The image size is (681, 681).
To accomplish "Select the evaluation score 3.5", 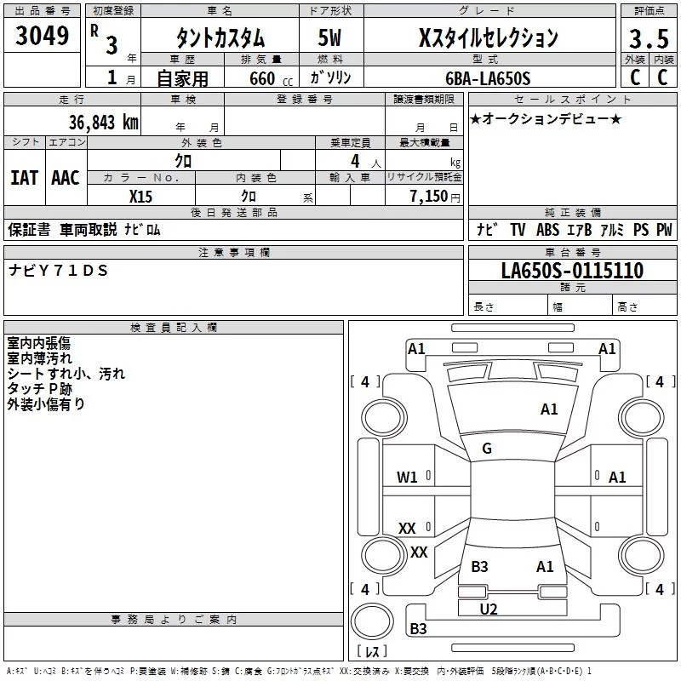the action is (x=648, y=39).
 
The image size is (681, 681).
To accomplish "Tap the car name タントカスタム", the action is (x=220, y=38).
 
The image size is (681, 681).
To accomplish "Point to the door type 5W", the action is (x=331, y=38).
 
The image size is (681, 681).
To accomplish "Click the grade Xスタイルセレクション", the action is (x=489, y=38).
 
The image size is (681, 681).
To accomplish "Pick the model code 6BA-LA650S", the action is (x=488, y=78).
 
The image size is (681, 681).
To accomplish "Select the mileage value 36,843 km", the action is (x=104, y=122).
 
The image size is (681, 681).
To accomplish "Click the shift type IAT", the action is (x=24, y=177).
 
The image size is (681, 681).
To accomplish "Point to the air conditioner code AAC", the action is (x=66, y=177).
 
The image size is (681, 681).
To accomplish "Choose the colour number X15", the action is (x=141, y=196).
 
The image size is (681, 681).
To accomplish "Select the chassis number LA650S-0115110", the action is (x=572, y=272).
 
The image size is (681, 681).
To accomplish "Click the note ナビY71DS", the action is (x=60, y=270).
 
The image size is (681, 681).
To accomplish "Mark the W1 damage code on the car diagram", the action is (x=407, y=478).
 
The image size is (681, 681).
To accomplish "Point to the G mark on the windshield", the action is (x=487, y=449).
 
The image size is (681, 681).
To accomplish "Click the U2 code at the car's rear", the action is (x=489, y=609).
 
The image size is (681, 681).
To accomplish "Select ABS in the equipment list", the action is (x=547, y=230).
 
